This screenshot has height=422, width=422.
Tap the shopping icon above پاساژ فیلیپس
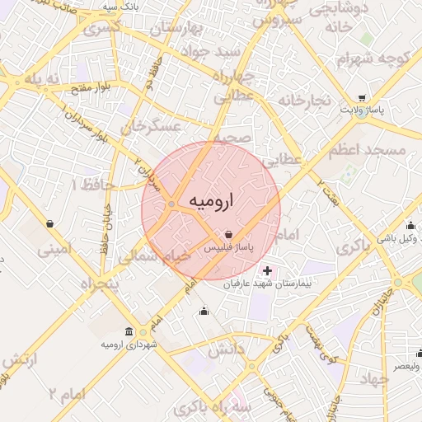pos(228,235)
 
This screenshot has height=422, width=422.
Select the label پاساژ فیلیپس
pos(228,247)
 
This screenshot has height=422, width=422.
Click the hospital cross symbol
pos(267,270)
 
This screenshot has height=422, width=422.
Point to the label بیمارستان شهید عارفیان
pos(267,284)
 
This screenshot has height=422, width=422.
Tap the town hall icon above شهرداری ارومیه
pos(129,331)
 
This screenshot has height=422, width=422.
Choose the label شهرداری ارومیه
pos(129,343)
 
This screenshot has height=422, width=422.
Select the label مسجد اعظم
pos(367,151)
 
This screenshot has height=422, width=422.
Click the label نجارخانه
pos(303,100)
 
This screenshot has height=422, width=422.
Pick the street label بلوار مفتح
pos(91,86)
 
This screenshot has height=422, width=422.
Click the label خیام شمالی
pos(153,256)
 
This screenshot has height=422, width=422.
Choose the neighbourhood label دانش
pos(226,350)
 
